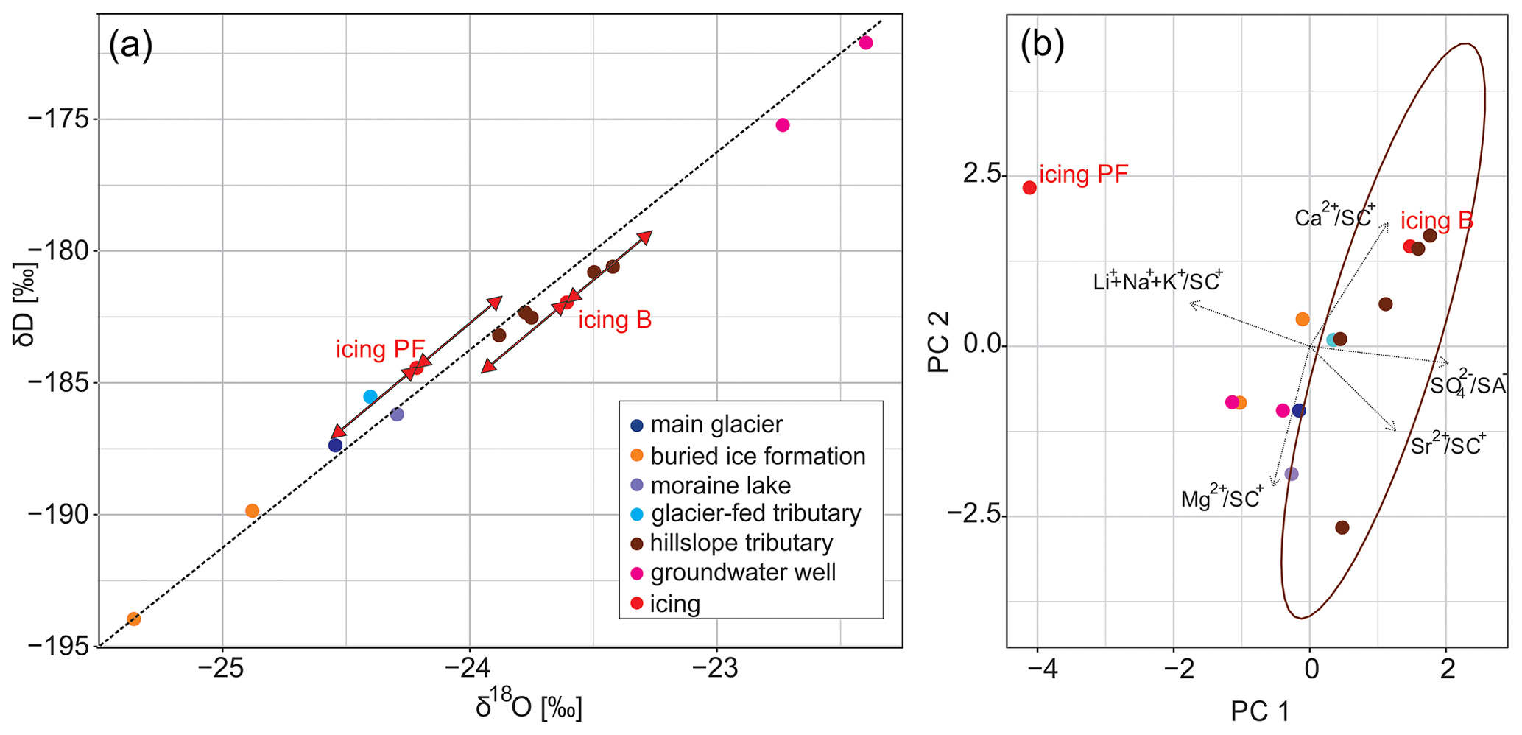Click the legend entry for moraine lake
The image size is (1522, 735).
click(x=720, y=485)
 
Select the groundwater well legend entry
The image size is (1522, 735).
click(x=742, y=572)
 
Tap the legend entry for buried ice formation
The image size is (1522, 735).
click(x=757, y=456)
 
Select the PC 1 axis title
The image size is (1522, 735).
click(x=1260, y=711)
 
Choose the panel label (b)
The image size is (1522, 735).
click(x=1042, y=45)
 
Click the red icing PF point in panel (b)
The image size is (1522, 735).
click(x=1029, y=187)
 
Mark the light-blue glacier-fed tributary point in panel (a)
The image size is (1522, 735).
click(x=370, y=396)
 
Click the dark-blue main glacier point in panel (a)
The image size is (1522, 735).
click(x=335, y=445)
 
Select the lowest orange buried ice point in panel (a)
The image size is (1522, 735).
click(x=133, y=619)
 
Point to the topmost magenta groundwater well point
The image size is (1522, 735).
click(x=866, y=43)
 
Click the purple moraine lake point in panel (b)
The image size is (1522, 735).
click(x=1291, y=474)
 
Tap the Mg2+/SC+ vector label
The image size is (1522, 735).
click(x=1222, y=498)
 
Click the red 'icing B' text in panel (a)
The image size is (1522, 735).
click(x=615, y=320)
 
